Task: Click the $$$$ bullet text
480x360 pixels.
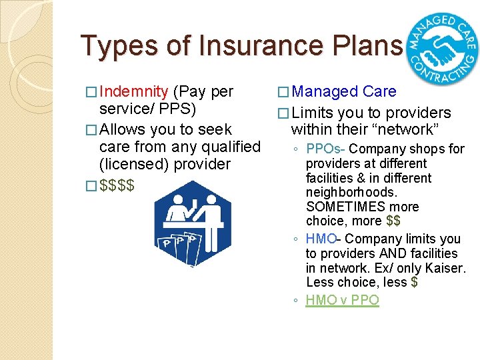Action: pyautogui.click(x=117, y=184)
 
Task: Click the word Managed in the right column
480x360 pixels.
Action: pyautogui.click(x=325, y=92)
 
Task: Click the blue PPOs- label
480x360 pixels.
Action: pyautogui.click(x=325, y=149)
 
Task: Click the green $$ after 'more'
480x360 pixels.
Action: pyautogui.click(x=393, y=221)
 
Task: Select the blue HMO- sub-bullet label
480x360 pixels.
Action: pyautogui.click(x=323, y=239)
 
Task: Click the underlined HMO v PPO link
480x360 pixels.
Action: pyautogui.click(x=342, y=300)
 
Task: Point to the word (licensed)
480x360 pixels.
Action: pyautogui.click(x=131, y=164)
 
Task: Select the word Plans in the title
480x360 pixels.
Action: pyautogui.click(x=368, y=45)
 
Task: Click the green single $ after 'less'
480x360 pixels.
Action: pyautogui.click(x=415, y=283)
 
